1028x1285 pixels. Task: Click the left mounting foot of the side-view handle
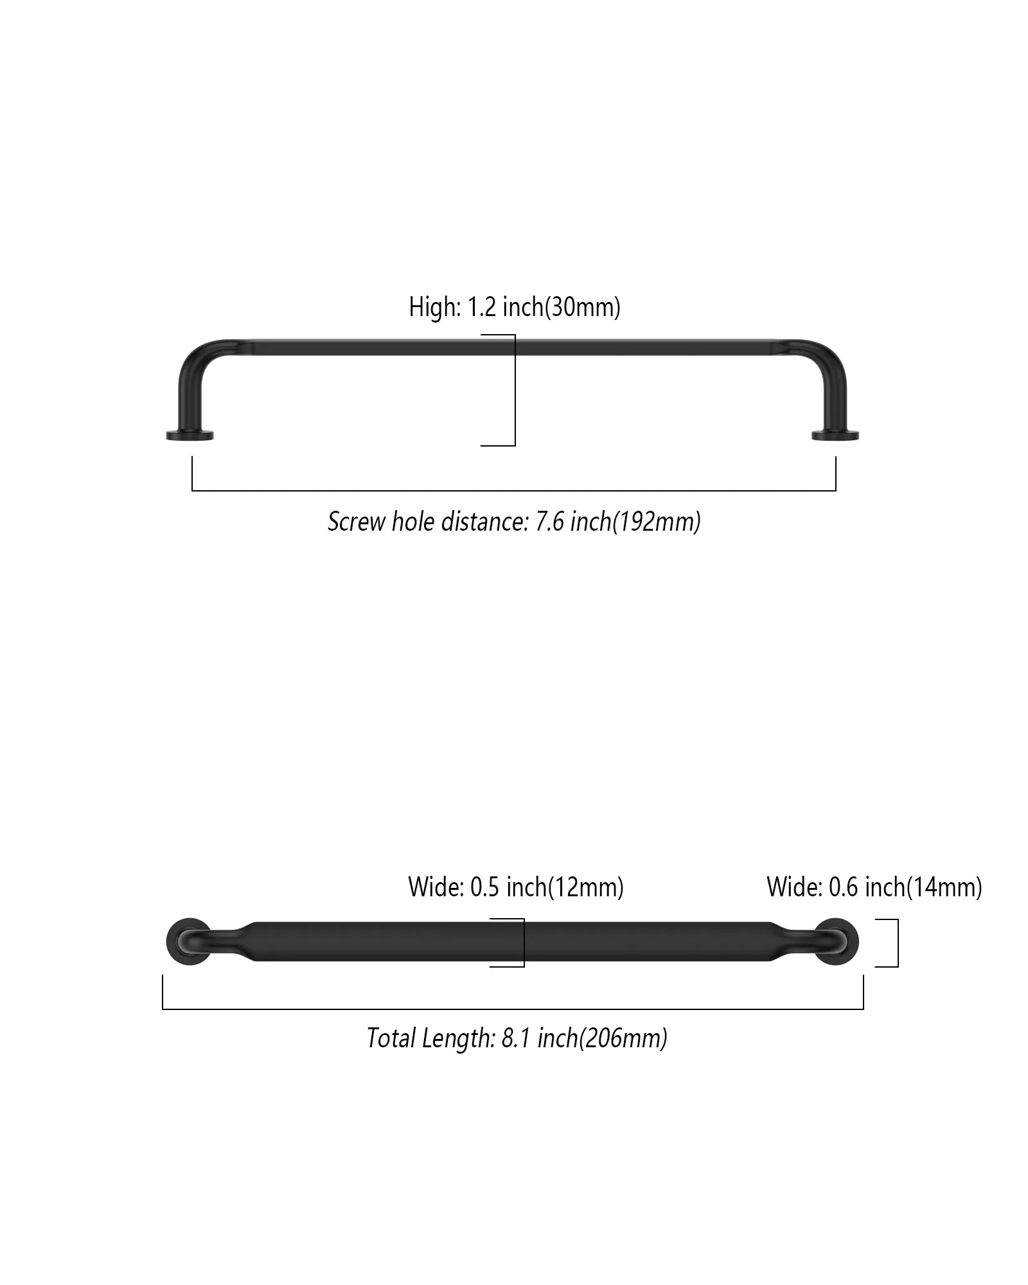click(190, 436)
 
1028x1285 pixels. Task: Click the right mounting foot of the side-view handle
click(835, 436)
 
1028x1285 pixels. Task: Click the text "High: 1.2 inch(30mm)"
click(515, 307)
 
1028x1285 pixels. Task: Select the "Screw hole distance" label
click(514, 521)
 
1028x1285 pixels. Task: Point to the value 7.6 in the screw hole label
click(551, 521)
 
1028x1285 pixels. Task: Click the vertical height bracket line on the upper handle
click(515, 390)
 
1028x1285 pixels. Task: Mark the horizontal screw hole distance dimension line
click(514, 491)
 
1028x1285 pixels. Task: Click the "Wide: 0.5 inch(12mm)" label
click(516, 887)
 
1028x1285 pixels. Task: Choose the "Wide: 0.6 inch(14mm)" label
click(874, 887)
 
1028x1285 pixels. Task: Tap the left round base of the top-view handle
click(188, 941)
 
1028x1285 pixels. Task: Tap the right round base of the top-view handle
click(837, 941)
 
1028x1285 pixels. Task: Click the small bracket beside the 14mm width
click(898, 943)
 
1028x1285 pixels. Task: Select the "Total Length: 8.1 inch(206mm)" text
click(517, 1038)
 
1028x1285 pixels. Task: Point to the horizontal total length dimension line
click(513, 1009)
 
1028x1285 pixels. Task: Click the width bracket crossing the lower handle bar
click(524, 943)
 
